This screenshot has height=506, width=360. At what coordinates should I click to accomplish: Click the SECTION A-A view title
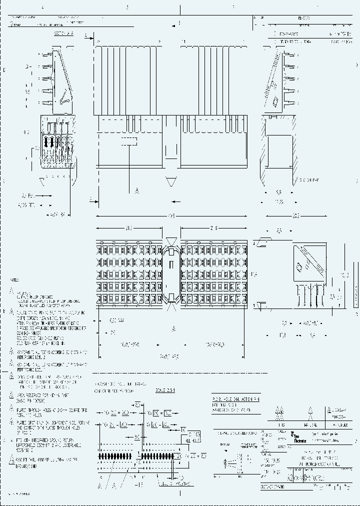tap(63, 34)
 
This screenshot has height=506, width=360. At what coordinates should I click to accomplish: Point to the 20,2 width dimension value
tap(295, 215)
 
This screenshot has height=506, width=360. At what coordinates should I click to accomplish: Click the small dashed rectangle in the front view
tap(129, 141)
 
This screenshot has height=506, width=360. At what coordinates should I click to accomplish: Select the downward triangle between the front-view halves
tap(171, 181)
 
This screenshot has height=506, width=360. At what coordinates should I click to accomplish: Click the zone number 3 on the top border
tap(127, 7)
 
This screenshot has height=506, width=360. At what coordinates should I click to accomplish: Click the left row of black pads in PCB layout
tap(117, 456)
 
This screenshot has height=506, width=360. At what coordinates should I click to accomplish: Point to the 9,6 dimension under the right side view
tap(278, 192)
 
